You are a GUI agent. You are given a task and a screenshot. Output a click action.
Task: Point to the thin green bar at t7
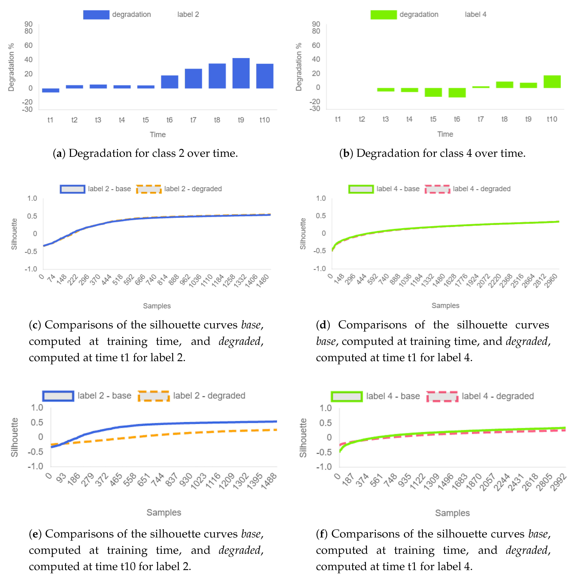481,87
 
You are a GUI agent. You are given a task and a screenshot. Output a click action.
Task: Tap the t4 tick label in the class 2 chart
122,120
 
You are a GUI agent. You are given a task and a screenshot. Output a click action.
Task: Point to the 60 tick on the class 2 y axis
28,45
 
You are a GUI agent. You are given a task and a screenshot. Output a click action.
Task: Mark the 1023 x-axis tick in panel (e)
199,481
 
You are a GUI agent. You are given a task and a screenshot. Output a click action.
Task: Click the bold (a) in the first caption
59,153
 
